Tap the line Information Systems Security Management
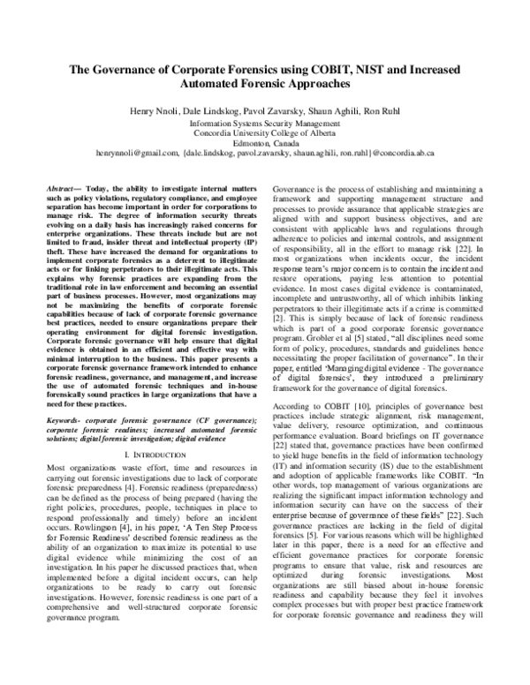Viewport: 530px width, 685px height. click(265, 124)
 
